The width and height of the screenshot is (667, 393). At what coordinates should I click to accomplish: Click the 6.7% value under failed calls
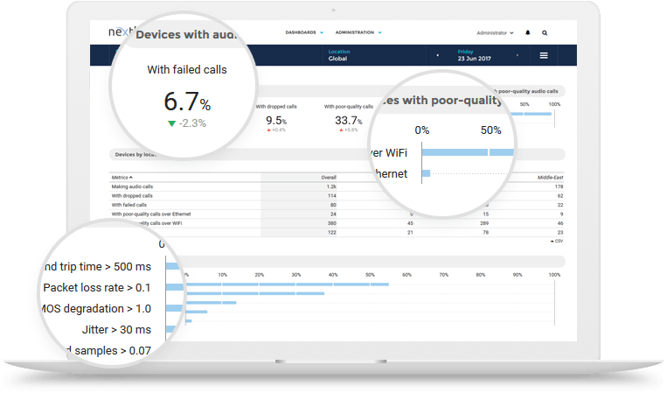[187, 102]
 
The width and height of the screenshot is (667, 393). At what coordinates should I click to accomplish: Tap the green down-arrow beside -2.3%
[171, 123]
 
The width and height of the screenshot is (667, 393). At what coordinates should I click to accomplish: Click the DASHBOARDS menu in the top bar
[304, 32]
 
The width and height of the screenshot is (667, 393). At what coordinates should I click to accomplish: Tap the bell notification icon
[527, 32]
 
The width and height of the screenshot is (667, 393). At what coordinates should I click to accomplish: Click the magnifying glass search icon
[545, 32]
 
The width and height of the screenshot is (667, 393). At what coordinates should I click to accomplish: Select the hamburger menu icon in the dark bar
[544, 56]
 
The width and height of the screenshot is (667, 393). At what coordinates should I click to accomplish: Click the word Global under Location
[338, 60]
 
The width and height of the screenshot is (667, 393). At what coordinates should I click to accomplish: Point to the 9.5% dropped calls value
[276, 120]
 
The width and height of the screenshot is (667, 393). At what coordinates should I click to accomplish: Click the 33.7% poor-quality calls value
[348, 120]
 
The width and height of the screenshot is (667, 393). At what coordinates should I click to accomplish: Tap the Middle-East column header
[550, 177]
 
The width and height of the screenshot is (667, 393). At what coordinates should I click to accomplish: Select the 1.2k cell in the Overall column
[331, 186]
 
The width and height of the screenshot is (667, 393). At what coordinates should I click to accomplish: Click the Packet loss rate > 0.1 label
[97, 287]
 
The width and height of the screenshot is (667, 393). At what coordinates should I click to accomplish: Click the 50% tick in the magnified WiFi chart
[490, 130]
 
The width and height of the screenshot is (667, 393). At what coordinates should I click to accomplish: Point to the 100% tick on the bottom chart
[554, 275]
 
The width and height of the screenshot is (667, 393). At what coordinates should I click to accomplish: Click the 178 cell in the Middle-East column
[558, 186]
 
